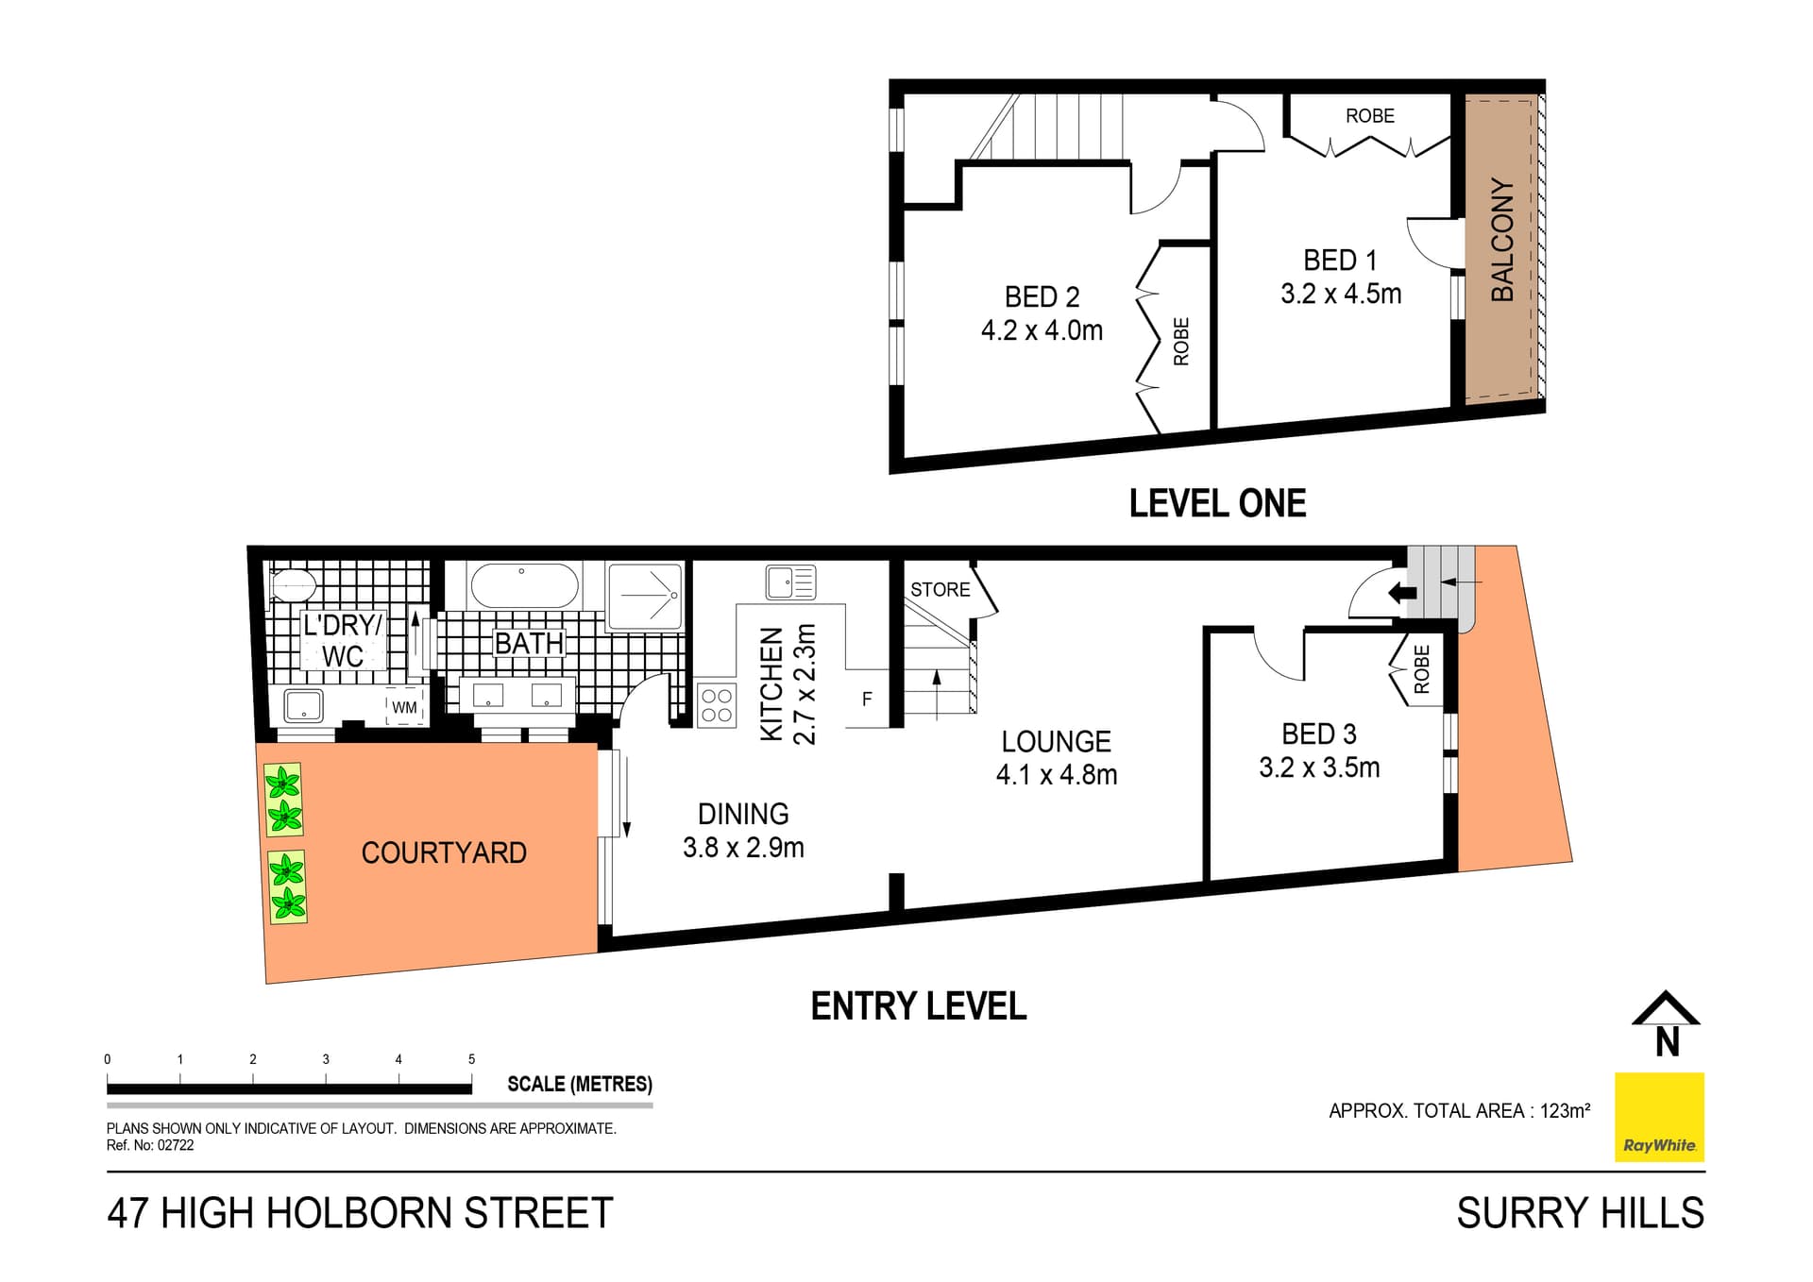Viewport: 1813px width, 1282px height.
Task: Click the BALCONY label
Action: click(x=1501, y=240)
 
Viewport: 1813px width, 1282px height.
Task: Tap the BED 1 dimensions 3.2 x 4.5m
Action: click(x=1340, y=295)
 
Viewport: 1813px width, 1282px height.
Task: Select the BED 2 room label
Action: click(x=1042, y=297)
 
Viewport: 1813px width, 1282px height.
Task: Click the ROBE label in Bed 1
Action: click(x=1369, y=116)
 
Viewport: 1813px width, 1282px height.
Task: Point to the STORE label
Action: click(x=940, y=590)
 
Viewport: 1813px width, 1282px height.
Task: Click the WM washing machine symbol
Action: click(x=404, y=708)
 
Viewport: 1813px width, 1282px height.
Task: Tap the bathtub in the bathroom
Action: click(x=524, y=586)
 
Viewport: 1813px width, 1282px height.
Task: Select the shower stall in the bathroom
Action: click(x=645, y=596)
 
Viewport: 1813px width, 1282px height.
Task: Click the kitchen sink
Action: click(x=790, y=582)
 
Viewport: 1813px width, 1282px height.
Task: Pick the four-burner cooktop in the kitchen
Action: click(x=717, y=705)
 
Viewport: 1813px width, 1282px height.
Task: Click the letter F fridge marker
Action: click(x=867, y=700)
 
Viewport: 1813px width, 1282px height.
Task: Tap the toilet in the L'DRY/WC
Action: click(x=292, y=585)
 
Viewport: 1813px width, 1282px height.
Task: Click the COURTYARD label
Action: click(x=444, y=853)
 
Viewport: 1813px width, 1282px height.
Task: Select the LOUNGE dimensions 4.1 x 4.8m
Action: click(x=1056, y=776)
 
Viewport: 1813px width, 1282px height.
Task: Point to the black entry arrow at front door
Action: click(x=1402, y=594)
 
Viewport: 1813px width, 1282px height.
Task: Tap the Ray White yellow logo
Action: click(x=1659, y=1117)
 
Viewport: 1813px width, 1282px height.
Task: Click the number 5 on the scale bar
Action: click(x=471, y=1059)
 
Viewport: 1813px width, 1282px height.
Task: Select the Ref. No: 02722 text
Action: click(x=150, y=1145)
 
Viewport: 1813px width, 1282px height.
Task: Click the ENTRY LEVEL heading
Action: click(x=918, y=1006)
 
